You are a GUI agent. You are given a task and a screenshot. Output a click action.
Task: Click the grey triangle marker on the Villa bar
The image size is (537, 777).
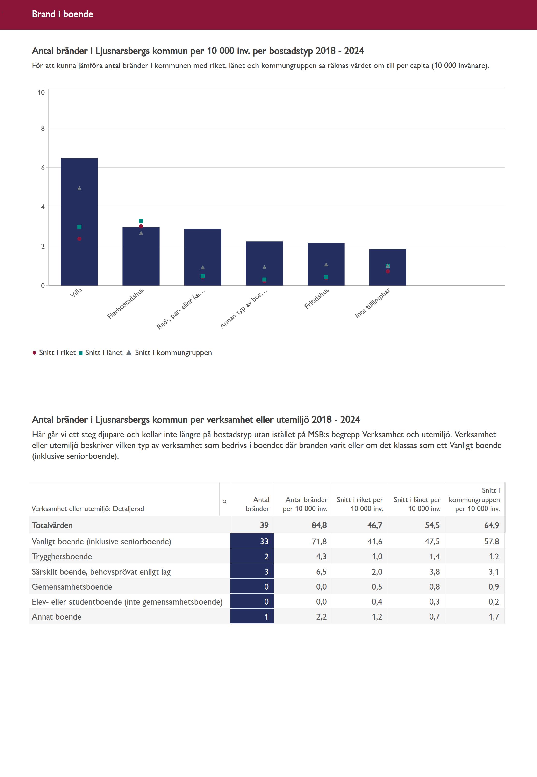[79, 188]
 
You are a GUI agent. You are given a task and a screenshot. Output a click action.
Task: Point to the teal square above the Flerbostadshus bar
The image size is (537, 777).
[141, 221]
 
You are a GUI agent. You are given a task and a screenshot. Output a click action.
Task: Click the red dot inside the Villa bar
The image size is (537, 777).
[79, 239]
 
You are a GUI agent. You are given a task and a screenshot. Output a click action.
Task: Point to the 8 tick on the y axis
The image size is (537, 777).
[43, 128]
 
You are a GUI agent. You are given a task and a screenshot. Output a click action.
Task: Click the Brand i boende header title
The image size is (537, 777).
[63, 14]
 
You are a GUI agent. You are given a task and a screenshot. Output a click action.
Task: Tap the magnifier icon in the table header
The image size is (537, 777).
[225, 502]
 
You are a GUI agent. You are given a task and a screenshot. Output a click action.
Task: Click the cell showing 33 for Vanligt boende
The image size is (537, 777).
[264, 541]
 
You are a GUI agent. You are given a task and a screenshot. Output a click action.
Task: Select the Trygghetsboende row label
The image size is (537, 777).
[62, 556]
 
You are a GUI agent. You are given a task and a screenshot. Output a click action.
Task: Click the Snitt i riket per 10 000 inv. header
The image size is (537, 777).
[360, 504]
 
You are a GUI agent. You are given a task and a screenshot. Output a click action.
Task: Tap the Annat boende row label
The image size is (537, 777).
[57, 617]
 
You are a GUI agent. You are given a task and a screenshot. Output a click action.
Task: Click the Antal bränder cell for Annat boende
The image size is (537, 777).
[266, 617]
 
